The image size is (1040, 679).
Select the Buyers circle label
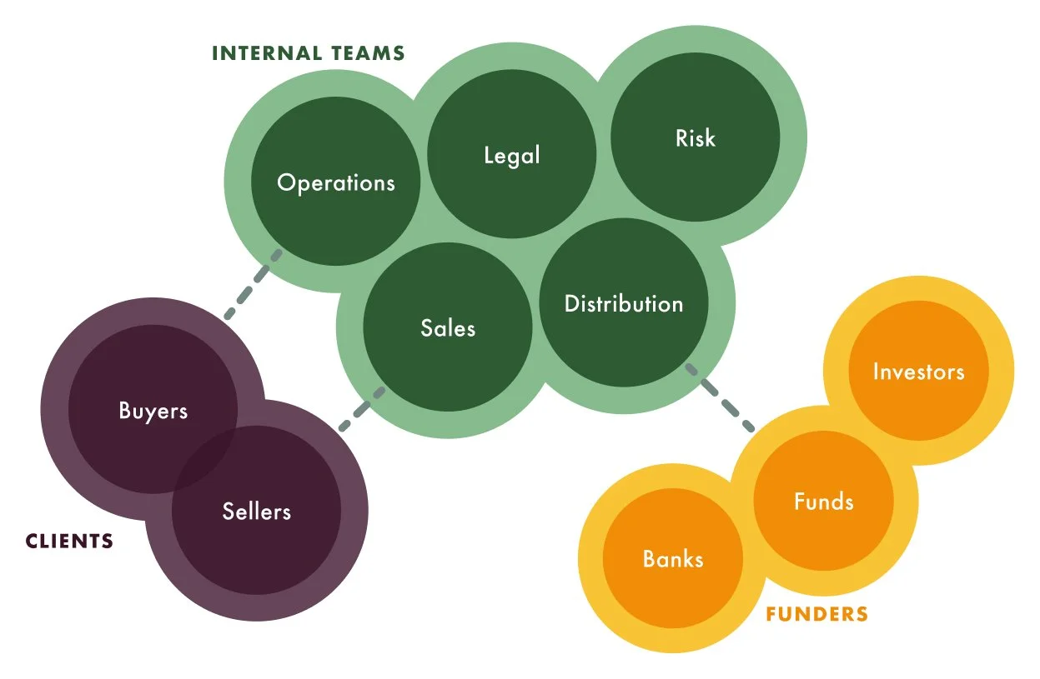153,411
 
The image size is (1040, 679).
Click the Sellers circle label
257,511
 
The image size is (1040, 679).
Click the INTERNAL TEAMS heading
308,54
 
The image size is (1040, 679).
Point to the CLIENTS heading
69,542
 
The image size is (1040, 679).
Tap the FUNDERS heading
816,615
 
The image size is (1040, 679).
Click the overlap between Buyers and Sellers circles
205,454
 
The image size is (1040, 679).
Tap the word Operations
335,182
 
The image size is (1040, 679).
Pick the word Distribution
624,304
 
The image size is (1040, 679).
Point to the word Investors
918,372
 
